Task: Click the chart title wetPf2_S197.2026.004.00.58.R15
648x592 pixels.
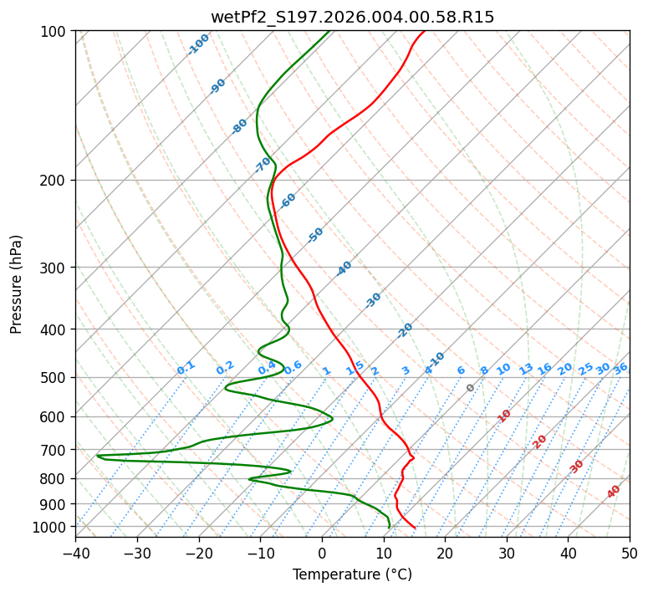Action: pos(352,17)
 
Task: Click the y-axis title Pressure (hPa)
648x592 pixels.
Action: pos(17,284)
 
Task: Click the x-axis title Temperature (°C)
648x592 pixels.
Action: pos(352,575)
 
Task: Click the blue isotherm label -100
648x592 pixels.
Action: pos(198,44)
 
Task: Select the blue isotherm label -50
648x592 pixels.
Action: pos(315,235)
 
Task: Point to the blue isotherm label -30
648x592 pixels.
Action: pos(373,300)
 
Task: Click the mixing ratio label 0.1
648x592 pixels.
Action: pos(186,368)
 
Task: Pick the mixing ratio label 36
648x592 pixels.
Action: pos(620,368)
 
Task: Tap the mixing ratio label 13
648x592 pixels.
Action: pos(526,369)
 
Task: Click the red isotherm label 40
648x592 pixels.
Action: pos(614,492)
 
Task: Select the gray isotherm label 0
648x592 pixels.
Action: pos(471,388)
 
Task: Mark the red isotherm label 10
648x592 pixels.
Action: pos(504,416)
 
